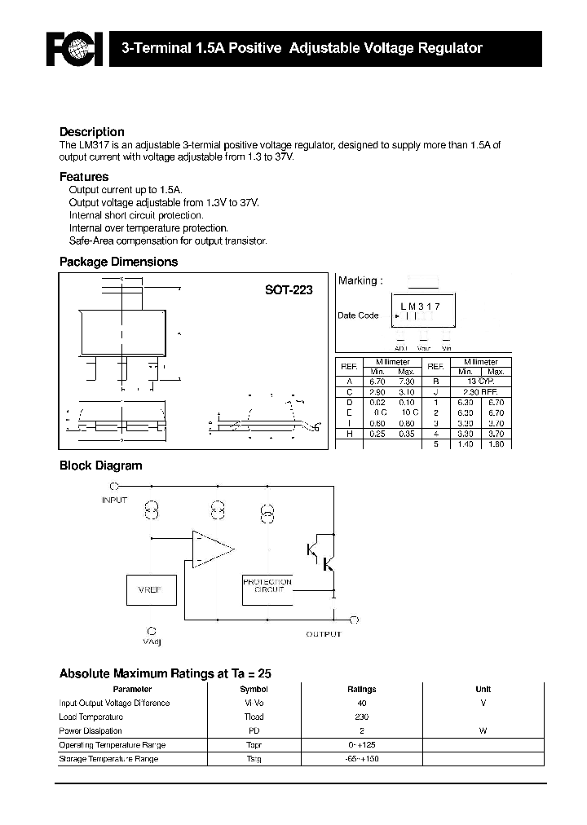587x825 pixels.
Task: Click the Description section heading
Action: pyautogui.click(x=92, y=132)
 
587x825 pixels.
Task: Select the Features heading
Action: pyautogui.click(x=84, y=177)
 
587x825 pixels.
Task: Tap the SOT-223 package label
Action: pyautogui.click(x=288, y=289)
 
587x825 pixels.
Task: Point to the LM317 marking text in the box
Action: pyautogui.click(x=420, y=307)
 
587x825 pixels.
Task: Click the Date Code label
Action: pyautogui.click(x=358, y=315)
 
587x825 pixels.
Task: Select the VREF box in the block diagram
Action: pyautogui.click(x=150, y=589)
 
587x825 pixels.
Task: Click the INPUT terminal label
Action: pyautogui.click(x=115, y=500)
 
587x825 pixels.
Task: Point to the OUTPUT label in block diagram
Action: pyautogui.click(x=324, y=634)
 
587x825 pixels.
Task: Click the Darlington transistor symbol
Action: pyautogui.click(x=321, y=558)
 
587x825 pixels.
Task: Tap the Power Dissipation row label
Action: pyautogui.click(x=90, y=731)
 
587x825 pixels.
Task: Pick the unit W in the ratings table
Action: pyautogui.click(x=483, y=731)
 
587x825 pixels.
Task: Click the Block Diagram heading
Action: pyautogui.click(x=101, y=466)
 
